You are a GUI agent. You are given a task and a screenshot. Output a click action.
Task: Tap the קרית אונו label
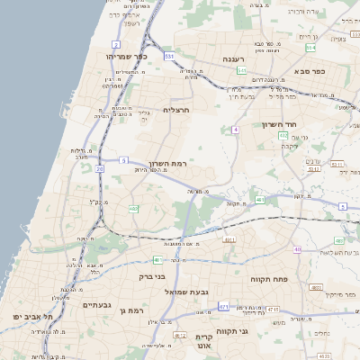click(203, 341)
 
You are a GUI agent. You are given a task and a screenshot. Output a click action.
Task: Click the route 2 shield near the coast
click(116, 43)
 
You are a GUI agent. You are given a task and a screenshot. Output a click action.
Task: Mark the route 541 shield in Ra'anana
click(243, 69)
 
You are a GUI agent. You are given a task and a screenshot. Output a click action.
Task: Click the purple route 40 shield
click(297, 249)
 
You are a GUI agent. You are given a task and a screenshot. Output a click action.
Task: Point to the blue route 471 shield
click(223, 307)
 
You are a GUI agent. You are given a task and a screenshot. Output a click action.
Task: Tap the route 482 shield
click(133, 209)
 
